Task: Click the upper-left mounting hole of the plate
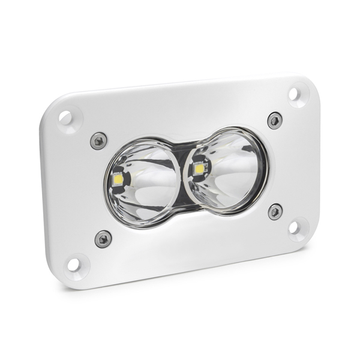tap(65, 118)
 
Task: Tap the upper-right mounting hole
tap(294, 94)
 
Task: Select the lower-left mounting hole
tap(74, 264)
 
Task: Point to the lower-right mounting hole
tap(295, 227)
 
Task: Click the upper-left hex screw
tap(98, 141)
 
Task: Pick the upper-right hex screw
tap(275, 120)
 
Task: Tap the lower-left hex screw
tap(103, 238)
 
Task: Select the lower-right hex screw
tap(275, 211)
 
